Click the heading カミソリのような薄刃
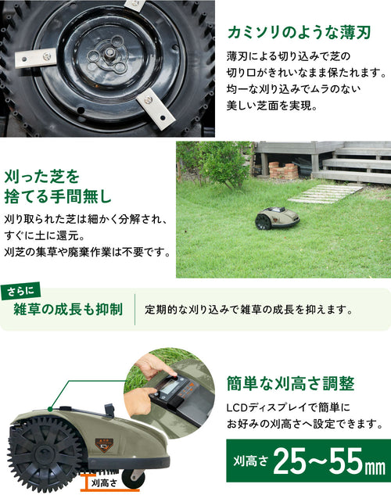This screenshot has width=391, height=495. [x=299, y=32]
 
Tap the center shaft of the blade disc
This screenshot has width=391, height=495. [x=109, y=52]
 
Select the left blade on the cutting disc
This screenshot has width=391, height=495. [x=36, y=57]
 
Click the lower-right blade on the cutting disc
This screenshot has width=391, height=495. [x=156, y=109]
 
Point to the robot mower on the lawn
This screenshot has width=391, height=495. [x=277, y=218]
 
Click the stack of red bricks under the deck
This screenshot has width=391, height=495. [x=283, y=170]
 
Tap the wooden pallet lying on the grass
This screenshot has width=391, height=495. [x=325, y=193]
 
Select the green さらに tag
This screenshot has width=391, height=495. [x=20, y=291]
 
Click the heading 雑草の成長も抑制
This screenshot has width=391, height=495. [x=68, y=310]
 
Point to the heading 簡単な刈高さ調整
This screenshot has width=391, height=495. [x=291, y=383]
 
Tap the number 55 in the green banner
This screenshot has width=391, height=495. [x=346, y=461]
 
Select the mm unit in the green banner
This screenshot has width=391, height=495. [x=375, y=468]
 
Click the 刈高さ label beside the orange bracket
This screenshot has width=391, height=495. [x=104, y=482]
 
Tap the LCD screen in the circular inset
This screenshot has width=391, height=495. [x=170, y=386]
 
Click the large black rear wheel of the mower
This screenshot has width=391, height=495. [x=44, y=454]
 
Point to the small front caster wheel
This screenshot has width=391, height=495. [x=133, y=478]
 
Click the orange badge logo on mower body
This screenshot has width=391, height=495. [x=105, y=445]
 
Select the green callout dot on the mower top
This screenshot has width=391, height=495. [x=50, y=409]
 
